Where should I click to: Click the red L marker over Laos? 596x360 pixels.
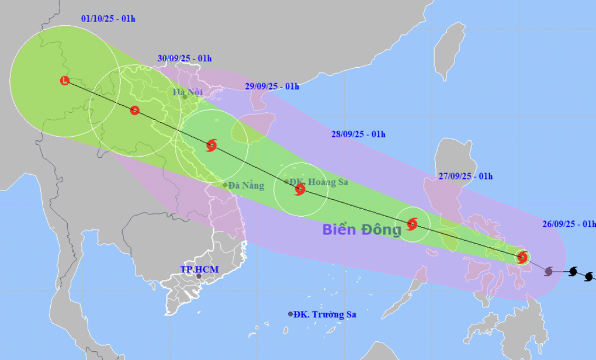pos(65,81)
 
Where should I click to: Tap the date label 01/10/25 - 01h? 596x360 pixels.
pos(108,19)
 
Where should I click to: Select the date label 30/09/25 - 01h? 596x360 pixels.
pos(184,58)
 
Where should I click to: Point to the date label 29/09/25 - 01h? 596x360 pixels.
pos(272,86)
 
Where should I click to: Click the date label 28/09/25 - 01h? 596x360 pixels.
pos(358,134)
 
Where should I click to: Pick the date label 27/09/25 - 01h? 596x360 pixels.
pos(465,176)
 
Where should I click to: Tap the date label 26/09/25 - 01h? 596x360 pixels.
pos(569,224)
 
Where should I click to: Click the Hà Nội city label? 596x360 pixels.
pos(188,92)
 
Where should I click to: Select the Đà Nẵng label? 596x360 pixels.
pos(246,186)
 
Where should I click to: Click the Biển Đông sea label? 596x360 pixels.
pos(362,230)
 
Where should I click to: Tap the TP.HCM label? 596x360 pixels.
pos(199,269)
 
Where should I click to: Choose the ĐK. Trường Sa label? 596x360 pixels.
pos(325,314)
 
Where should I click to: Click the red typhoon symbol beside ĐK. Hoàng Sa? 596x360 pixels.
pos(300,189)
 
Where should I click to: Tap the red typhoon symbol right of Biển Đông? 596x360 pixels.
pos(412,223)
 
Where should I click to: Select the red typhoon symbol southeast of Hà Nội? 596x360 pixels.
pos(212,146)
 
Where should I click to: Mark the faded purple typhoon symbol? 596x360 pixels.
pos(549,271)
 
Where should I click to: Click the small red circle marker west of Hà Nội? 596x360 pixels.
pos(135,110)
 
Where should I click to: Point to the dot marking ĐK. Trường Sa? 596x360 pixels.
pos(290,314)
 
